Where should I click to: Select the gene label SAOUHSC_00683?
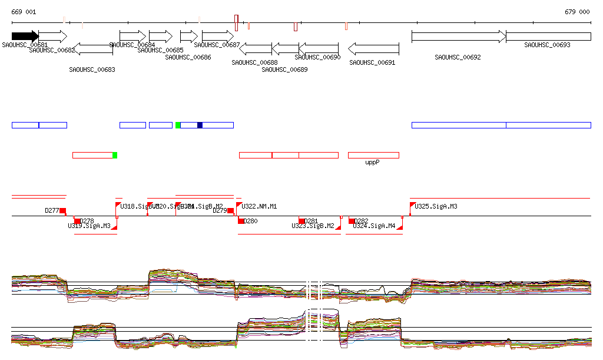[92, 70]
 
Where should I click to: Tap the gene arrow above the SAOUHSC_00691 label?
[373, 48]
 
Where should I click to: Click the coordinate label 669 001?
[24, 12]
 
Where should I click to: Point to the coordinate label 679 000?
[577, 12]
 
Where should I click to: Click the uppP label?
[372, 162]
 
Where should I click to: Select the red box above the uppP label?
[373, 155]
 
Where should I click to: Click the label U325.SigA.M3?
[436, 207]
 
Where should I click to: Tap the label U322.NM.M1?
[259, 207]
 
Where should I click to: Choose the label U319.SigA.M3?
[90, 226]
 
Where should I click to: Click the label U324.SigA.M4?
[374, 226]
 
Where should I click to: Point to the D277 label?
[52, 210]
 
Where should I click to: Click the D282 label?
[361, 221]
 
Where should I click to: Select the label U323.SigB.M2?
[313, 226]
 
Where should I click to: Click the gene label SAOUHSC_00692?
[458, 57]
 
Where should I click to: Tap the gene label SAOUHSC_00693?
[547, 45]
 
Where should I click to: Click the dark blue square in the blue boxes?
[200, 125]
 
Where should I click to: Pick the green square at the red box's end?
[115, 155]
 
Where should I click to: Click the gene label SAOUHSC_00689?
[284, 70]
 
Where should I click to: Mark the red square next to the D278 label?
[77, 221]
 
